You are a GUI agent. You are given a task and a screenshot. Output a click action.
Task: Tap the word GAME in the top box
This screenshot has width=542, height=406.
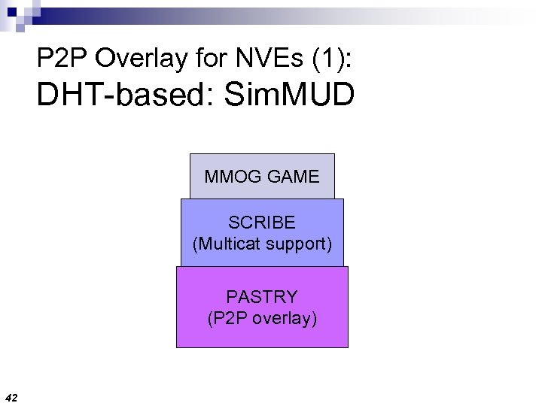[x=291, y=177]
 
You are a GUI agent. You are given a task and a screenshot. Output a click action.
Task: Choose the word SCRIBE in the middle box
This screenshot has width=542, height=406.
[x=262, y=223]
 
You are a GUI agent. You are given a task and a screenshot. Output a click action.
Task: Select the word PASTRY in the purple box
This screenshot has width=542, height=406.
[x=262, y=297]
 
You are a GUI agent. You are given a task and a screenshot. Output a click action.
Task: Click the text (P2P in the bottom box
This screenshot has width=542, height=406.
[x=225, y=319]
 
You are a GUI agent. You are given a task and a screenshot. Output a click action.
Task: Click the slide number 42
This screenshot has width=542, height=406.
[x=11, y=396]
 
